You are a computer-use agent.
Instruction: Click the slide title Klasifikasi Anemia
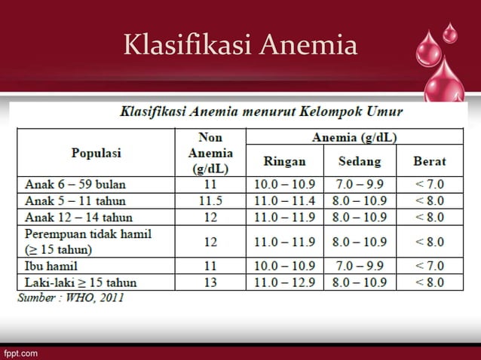pos(240,46)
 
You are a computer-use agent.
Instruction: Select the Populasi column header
pos(97,152)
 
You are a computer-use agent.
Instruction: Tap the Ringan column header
pos(284,161)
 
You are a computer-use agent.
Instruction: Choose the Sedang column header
pos(359,161)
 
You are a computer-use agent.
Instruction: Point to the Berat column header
pos(429,161)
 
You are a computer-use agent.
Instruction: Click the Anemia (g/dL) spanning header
pos(355,137)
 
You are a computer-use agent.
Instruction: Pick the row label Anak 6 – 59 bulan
pos(75,184)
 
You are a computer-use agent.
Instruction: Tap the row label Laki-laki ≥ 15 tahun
pos(79,282)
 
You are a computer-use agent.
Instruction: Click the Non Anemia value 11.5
pos(210,201)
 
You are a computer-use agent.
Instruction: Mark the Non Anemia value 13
pos(210,282)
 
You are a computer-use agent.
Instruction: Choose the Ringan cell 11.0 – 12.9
pos(284,282)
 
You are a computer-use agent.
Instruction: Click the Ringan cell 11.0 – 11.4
pos(284,201)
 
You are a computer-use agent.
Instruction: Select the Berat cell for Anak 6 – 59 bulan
pos(429,184)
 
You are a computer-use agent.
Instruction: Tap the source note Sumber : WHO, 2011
pos(71,298)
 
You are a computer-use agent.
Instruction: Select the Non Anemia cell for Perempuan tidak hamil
pos(210,243)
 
